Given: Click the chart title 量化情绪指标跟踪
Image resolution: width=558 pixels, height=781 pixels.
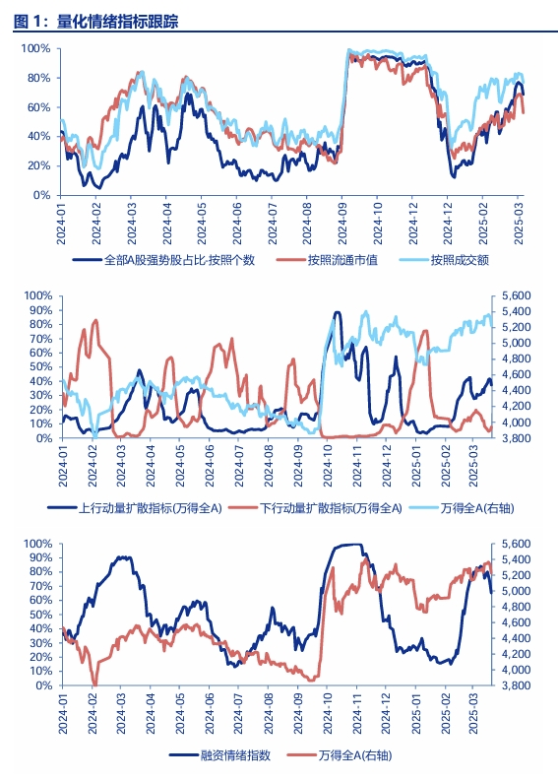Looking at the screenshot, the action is point(117,22).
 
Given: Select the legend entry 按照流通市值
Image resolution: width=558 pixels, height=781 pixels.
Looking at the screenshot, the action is point(342,259).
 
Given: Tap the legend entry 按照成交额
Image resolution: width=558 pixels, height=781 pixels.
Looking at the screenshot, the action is point(460,259).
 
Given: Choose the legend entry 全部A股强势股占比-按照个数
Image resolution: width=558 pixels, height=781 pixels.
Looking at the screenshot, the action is point(179,259).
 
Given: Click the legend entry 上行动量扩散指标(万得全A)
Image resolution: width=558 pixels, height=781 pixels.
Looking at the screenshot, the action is point(151,508).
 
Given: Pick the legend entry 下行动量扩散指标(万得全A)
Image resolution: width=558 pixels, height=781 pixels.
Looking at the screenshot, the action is point(331,508).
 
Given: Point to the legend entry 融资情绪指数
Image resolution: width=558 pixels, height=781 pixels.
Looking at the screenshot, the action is point(235,755).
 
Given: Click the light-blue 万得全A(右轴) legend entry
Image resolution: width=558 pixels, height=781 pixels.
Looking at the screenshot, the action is point(477,508).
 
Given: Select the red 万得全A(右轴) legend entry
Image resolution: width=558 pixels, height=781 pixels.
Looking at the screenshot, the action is point(355,755).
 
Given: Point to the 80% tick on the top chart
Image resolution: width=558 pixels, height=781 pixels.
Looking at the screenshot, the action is point(38,78).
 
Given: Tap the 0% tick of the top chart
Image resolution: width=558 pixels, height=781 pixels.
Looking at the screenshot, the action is point(42,195).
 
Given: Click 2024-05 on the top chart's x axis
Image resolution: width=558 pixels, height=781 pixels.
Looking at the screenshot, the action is point(202,224).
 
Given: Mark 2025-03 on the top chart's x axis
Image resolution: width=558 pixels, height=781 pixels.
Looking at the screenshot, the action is point(519,224).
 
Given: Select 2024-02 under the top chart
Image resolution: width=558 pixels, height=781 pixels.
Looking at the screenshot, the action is point(96,224).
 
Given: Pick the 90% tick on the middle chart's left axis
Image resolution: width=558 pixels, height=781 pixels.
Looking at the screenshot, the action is point(40,310).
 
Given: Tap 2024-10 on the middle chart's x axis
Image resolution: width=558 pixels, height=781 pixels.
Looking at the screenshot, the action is point(328,466).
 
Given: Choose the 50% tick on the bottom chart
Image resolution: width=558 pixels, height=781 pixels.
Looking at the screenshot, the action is point(40,615).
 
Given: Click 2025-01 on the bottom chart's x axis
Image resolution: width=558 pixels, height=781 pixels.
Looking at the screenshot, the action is point(416,713).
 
